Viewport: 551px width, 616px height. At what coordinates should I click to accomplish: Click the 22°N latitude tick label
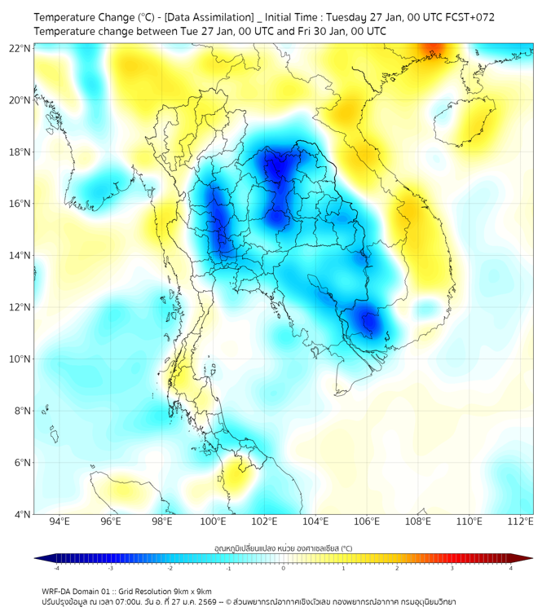pyautogui.click(x=20, y=48)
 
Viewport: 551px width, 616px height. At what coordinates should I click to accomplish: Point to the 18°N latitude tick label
pyautogui.click(x=20, y=152)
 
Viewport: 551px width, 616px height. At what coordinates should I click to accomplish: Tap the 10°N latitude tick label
pyautogui.click(x=20, y=359)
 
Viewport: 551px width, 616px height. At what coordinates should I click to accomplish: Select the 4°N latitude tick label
pyautogui.click(x=23, y=514)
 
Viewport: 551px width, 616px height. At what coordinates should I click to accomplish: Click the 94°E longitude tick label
pyautogui.click(x=60, y=522)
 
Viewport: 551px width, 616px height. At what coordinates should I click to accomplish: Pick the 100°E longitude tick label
pyautogui.click(x=214, y=522)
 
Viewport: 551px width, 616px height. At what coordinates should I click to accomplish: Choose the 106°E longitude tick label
pyautogui.click(x=367, y=522)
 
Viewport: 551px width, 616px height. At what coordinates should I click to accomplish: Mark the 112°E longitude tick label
pyautogui.click(x=521, y=522)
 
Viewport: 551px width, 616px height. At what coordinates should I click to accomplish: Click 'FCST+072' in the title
pyautogui.click(x=465, y=16)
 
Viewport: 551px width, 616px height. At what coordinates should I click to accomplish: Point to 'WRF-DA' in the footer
pyautogui.click(x=56, y=591)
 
